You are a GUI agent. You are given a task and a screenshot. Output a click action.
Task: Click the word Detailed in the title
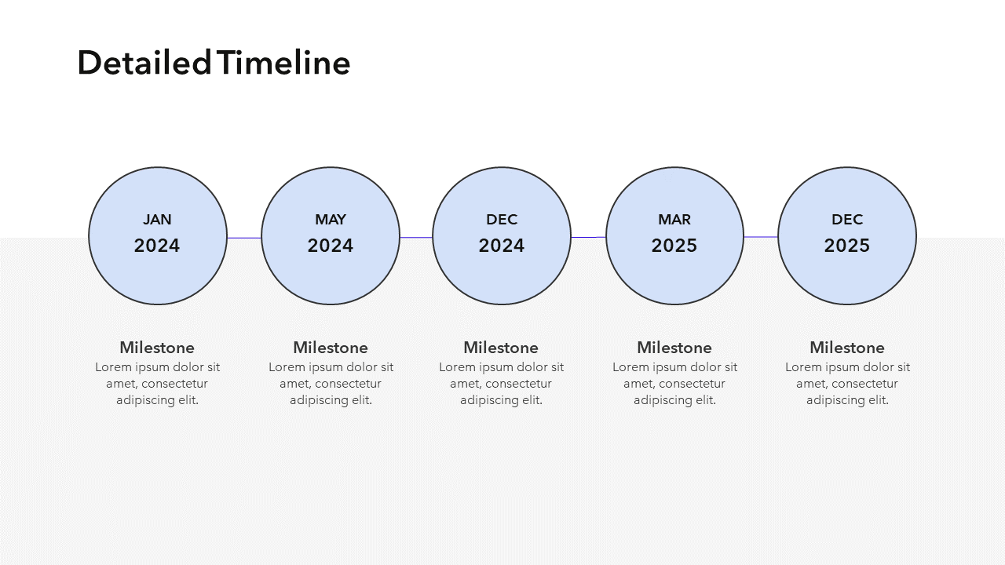point(144,63)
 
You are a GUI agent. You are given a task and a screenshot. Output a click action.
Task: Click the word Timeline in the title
point(285,63)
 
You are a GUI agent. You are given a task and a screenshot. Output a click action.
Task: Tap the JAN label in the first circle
point(157,220)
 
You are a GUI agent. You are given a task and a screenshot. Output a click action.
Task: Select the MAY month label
point(331,220)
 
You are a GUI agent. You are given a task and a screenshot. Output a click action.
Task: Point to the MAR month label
point(674,220)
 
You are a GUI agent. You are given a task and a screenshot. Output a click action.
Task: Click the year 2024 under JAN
point(157,246)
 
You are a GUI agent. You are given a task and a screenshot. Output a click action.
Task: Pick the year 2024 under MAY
point(331,246)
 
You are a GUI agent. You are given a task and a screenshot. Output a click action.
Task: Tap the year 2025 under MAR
point(674,246)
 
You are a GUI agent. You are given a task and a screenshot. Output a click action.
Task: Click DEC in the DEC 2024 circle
point(502,220)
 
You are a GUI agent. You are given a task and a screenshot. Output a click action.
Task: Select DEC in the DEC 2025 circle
point(847,220)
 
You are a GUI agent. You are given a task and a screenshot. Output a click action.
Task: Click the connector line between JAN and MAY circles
point(244,238)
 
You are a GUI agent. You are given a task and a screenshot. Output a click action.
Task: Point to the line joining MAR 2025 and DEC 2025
point(761,237)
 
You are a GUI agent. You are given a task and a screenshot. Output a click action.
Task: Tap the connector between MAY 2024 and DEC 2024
point(416,237)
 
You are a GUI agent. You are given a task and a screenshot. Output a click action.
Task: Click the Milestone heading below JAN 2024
point(157,348)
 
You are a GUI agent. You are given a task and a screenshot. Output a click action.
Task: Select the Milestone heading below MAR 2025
point(674,348)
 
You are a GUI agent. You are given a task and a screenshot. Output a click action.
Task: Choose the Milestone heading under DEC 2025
point(847,348)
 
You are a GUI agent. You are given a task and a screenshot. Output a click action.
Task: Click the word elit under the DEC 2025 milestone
point(879,400)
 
